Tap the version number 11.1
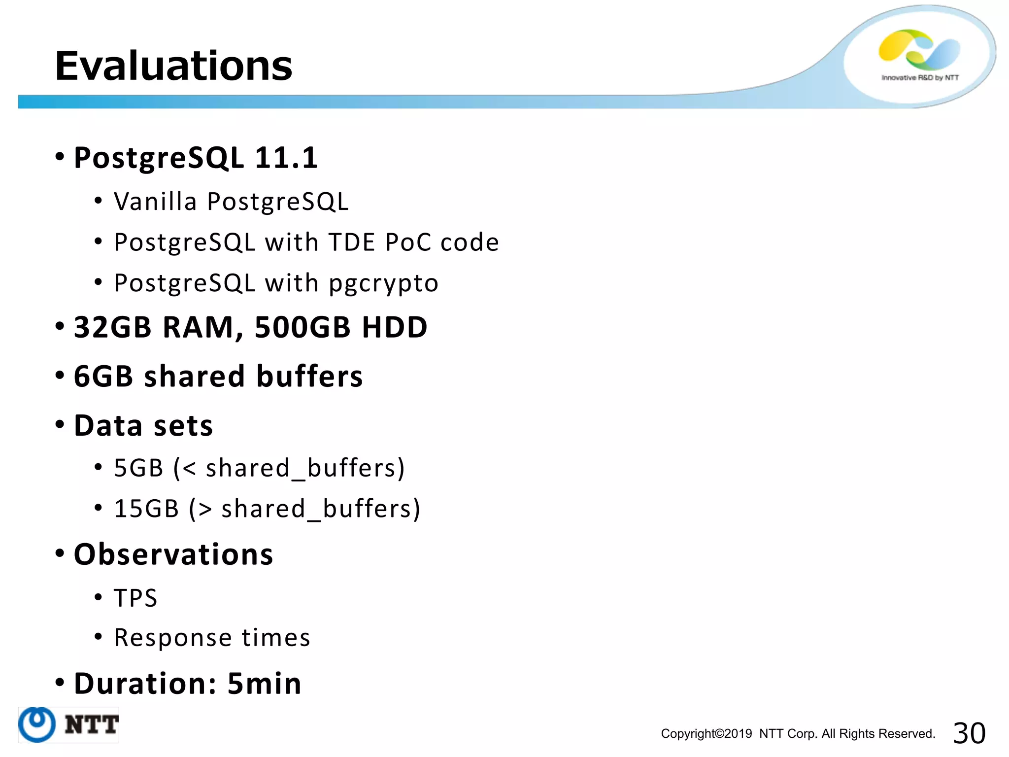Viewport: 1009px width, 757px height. tap(286, 158)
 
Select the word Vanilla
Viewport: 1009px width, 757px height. tap(155, 201)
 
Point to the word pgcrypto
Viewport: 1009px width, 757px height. tap(383, 284)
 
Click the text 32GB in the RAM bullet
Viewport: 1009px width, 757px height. tap(112, 327)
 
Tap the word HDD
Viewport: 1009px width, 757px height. tap(394, 327)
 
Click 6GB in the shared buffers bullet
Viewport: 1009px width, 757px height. tap(103, 376)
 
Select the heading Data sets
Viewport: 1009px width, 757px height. tap(143, 425)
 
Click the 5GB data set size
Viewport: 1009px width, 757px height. tap(138, 468)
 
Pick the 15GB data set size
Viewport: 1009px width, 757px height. tap(146, 509)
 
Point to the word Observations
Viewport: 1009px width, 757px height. tap(173, 554)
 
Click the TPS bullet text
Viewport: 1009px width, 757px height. tap(135, 598)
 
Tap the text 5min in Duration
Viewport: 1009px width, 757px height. tap(264, 684)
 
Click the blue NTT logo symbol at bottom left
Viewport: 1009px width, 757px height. tap(37, 724)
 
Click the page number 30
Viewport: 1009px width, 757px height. tap(969, 733)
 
